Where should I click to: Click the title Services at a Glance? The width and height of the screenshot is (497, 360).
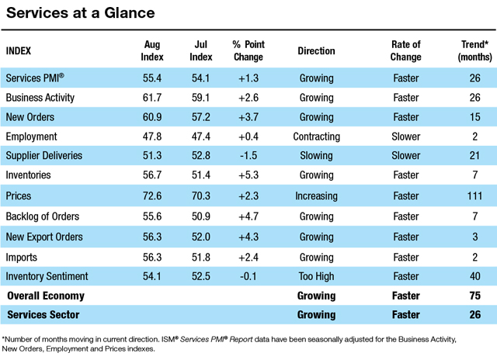click(81, 13)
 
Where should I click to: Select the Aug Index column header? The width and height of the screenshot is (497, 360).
click(152, 50)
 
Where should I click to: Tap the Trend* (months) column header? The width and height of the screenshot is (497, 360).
click(474, 50)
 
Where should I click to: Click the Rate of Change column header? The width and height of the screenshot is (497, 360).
click(405, 50)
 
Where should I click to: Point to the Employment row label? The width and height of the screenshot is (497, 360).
click(31, 137)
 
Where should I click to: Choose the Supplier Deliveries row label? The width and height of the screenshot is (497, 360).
click(44, 155)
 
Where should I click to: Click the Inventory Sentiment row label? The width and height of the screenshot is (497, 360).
click(47, 276)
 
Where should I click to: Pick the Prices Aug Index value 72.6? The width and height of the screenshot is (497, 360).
click(152, 196)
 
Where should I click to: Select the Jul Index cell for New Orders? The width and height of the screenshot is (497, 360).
click(201, 117)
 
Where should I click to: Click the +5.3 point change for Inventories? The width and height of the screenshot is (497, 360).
click(248, 175)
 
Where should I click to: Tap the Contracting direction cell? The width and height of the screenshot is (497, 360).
click(316, 137)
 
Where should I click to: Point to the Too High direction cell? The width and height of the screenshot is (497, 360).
click(316, 276)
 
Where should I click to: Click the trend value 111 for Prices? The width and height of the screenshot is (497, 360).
click(474, 196)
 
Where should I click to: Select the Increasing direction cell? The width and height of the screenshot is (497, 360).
click(316, 196)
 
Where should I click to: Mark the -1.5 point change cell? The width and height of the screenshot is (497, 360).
click(248, 155)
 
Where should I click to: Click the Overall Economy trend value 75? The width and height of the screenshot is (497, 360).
click(474, 296)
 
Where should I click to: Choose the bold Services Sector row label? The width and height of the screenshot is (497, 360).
click(43, 315)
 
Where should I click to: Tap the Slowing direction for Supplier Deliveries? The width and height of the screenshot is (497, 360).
click(316, 155)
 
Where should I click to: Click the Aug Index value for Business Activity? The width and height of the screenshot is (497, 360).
click(152, 98)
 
